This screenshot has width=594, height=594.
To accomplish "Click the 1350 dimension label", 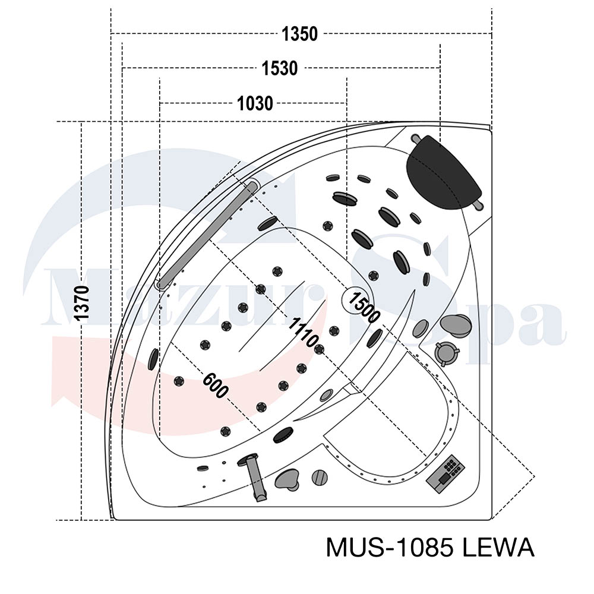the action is coord(299,34).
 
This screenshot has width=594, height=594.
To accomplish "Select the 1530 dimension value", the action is coord(280,68).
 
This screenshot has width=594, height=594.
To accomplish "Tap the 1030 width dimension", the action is coord(255,103).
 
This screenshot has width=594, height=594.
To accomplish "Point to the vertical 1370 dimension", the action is coord(82,303).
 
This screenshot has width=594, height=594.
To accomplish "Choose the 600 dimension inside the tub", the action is coord(215,386).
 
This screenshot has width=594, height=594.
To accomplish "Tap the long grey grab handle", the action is coord(208,235).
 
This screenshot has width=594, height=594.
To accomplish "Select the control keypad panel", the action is coord(445,473).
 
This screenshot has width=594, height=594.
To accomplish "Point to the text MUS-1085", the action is coord(390,548).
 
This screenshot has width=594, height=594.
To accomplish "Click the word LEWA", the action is coord(498,548).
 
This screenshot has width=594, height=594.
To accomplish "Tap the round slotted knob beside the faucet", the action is coord(320,478).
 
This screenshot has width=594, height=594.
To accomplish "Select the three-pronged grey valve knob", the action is coord(446,353).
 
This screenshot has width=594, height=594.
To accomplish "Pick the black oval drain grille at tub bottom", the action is coord(283,435).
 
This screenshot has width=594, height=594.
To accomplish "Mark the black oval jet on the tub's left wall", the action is coord(154,359).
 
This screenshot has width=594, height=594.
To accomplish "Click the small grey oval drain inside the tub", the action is coord(326,396).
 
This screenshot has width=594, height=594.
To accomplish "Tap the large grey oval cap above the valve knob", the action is coord(456,325).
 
